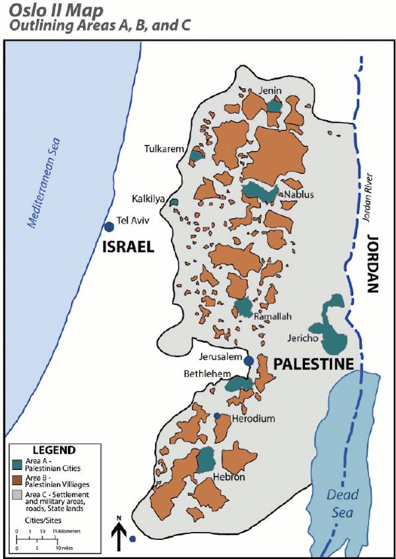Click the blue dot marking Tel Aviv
[109, 226]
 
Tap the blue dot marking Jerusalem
[249, 360]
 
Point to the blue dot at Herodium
[217, 415]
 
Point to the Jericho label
[304, 339]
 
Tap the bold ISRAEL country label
[127, 247]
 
